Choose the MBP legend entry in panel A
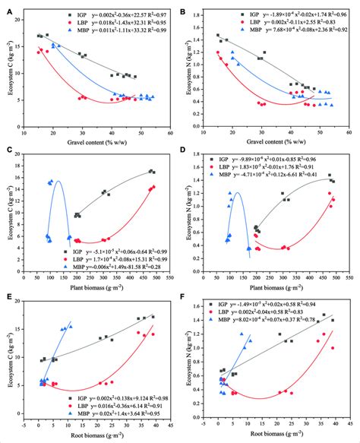coord(77,33)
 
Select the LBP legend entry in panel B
coord(254,23)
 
